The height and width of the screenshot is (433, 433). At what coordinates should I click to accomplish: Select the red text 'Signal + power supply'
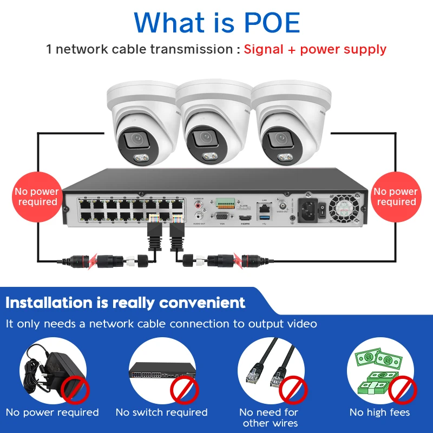click(315, 49)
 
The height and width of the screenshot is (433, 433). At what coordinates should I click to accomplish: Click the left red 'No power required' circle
click(36, 196)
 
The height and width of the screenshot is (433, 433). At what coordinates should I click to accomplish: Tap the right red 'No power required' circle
click(396, 196)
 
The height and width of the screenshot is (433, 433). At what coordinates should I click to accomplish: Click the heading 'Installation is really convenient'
click(126, 303)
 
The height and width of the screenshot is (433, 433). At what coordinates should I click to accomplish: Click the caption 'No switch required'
click(161, 412)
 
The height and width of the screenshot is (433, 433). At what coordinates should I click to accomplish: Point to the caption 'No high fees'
click(379, 412)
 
